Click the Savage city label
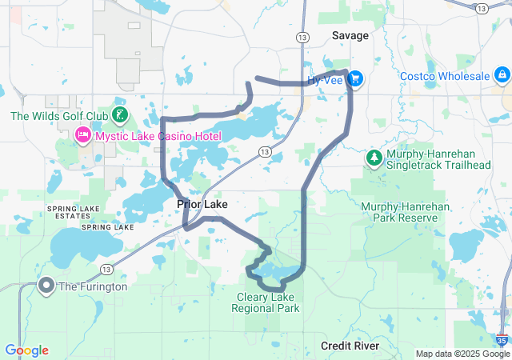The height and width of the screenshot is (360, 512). tap(350, 36)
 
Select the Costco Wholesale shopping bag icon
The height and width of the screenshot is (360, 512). tap(502, 75)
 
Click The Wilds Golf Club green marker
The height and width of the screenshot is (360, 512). tap(119, 116)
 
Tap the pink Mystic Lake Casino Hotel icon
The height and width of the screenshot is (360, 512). tap(82, 137)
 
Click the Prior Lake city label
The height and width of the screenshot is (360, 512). tap(202, 205)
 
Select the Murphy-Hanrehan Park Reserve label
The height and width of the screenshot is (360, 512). tap(399, 211)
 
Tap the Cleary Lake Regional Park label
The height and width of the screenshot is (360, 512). tap(266, 302)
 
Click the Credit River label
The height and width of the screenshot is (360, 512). tap(349, 345)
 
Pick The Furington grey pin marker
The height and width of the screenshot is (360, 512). tap(46, 286)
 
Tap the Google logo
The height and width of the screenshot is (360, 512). tap(26, 350)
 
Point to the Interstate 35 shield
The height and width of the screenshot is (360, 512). tap(502, 339)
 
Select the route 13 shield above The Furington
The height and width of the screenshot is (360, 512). tap(106, 268)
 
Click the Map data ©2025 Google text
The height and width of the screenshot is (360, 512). tap(461, 354)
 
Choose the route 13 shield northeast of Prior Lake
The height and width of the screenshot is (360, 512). tap(264, 151)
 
